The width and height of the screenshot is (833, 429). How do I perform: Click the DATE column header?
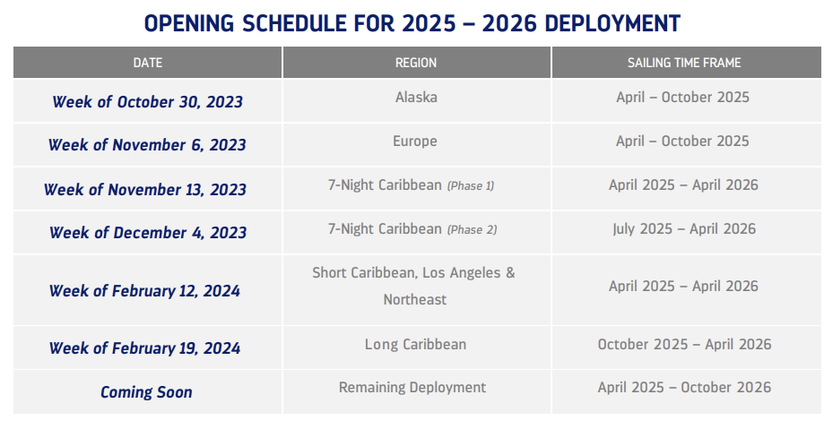(148, 63)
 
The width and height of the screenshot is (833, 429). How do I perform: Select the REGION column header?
(416, 63)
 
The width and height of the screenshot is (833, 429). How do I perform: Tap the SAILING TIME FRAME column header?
(684, 63)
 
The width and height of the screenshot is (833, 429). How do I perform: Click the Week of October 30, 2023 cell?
(147, 102)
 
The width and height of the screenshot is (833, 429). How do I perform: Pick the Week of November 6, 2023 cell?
(147, 145)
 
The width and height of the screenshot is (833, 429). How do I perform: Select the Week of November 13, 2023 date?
(145, 190)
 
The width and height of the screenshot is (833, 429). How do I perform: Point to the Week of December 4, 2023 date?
(148, 233)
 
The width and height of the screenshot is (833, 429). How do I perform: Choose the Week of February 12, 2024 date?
(145, 291)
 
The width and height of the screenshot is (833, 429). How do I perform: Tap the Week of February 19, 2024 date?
(145, 348)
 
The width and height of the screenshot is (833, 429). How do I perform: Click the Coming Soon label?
(146, 392)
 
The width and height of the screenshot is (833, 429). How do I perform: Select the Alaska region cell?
(416, 97)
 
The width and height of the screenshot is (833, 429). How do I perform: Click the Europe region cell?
(415, 141)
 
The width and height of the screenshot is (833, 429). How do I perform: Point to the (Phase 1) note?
(471, 185)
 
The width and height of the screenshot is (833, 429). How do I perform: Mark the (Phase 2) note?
(472, 229)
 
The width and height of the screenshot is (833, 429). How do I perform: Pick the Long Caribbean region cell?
(415, 344)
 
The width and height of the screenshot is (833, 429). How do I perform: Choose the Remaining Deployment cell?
(412, 387)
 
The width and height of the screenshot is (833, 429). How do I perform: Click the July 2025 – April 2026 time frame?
(684, 228)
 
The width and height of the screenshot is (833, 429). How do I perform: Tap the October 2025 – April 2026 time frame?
(684, 344)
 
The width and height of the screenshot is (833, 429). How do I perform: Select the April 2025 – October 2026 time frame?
(684, 387)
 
